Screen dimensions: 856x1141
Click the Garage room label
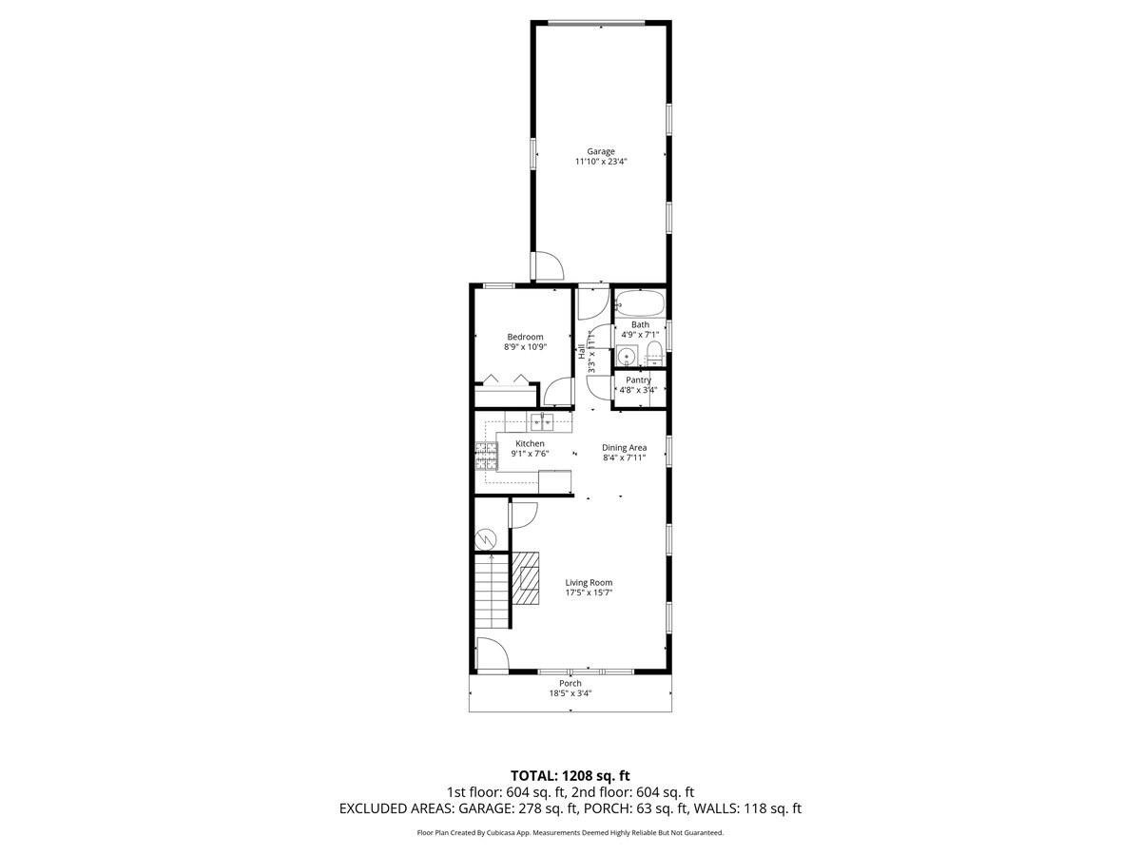tap(600, 151)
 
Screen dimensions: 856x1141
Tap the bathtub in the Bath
tap(640, 304)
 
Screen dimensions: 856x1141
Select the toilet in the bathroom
tap(653, 356)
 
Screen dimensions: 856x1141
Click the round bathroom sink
tap(627, 357)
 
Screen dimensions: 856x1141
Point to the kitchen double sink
tap(541, 422)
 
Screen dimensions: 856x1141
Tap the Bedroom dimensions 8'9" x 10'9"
tap(525, 347)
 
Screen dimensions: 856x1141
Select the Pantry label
tap(638, 379)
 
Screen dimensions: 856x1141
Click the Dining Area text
tap(624, 447)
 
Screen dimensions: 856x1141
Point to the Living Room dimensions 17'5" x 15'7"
tap(589, 593)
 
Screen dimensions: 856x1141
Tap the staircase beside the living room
tap(492, 592)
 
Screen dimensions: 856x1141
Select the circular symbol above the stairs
tap(486, 538)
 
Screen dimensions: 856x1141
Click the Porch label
tap(570, 683)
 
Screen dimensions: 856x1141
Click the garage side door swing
tap(547, 266)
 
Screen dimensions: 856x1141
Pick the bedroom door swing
tap(559, 393)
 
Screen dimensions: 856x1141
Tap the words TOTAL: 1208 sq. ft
tap(570, 776)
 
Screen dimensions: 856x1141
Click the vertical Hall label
tap(581, 351)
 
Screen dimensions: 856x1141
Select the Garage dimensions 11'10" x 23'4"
tap(600, 162)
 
